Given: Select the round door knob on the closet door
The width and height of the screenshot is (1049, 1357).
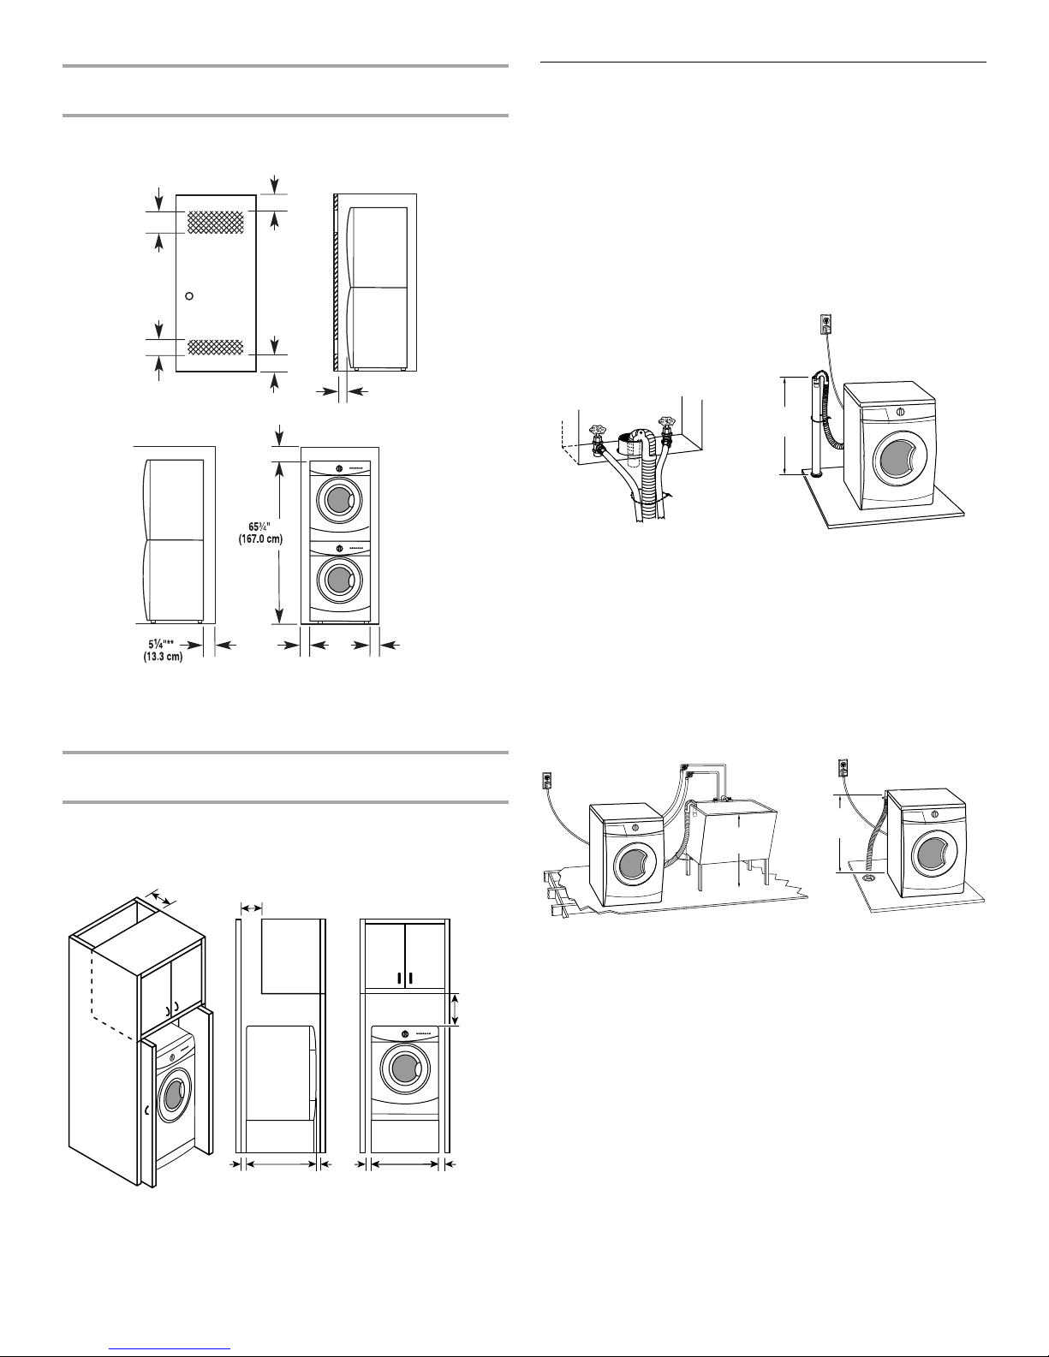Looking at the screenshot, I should (190, 295).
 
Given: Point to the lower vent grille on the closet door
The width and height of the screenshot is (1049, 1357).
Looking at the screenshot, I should (216, 347).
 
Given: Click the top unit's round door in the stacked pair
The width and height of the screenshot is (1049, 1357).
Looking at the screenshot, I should (340, 497).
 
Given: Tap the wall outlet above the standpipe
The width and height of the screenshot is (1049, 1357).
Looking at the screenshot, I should (825, 324).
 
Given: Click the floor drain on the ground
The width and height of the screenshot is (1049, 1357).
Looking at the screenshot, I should (870, 876).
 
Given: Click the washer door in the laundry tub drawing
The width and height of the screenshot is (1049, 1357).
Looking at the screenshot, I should (636, 866).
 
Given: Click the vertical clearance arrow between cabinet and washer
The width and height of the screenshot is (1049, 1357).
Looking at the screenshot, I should (456, 1009).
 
